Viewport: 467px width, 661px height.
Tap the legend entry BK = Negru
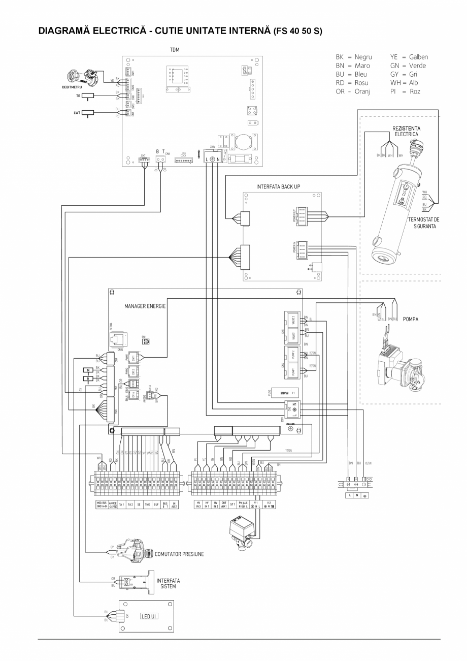[350, 57]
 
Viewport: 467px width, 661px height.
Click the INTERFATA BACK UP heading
[278, 187]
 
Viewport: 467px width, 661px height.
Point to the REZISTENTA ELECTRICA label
[405, 132]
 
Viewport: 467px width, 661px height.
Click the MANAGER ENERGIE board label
[145, 307]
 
